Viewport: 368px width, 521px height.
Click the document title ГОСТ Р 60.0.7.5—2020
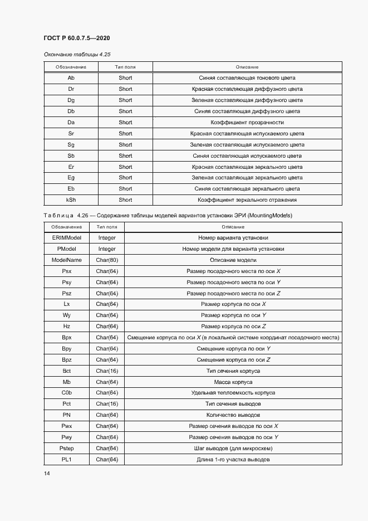pos(76,38)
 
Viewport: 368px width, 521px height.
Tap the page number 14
pos(47,473)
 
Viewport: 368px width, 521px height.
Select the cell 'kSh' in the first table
pos(71,200)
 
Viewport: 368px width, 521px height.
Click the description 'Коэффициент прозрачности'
pos(247,123)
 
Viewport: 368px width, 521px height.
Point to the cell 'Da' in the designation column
pos(71,123)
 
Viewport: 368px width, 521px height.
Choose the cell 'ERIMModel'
pos(66,238)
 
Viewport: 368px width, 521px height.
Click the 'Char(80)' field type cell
pos(107,260)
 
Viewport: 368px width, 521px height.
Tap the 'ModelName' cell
pos(66,260)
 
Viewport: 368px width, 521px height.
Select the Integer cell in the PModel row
pos(107,249)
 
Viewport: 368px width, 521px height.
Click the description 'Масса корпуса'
pos(233,382)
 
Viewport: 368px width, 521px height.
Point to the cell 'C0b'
pos(66,393)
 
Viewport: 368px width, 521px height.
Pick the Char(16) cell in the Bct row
pos(107,371)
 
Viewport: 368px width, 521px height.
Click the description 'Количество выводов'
pos(233,415)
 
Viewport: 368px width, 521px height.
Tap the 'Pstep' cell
pos(66,449)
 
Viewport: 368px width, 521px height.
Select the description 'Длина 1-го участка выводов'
pos(233,460)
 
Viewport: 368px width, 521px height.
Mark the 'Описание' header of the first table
pos(247,67)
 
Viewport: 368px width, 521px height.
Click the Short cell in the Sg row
pos(125,145)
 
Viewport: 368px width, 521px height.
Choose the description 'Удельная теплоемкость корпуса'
pos(233,393)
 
